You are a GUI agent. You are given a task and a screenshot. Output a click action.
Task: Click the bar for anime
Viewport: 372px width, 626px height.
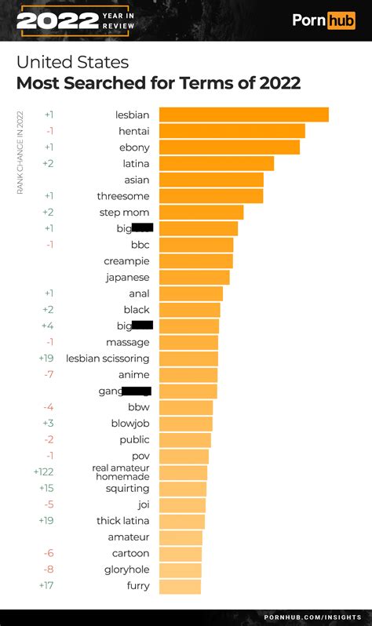[188, 375]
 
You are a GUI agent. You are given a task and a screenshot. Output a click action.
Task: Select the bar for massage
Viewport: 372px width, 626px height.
[188, 342]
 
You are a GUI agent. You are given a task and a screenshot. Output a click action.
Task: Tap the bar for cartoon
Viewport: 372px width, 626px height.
[180, 554]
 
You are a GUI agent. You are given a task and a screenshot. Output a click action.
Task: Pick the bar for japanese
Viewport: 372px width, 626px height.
[194, 277]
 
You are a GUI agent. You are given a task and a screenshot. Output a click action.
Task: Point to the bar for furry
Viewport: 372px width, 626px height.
[180, 586]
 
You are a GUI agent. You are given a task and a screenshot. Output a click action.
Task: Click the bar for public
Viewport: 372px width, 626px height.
[184, 440]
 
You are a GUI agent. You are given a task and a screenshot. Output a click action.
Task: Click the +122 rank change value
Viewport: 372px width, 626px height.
[43, 472]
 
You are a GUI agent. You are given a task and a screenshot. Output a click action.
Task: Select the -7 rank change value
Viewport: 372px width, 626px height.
[49, 375]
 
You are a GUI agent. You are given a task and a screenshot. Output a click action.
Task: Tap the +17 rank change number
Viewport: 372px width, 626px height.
[46, 586]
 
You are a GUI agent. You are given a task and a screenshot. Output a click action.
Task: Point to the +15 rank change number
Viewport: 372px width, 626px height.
[46, 489]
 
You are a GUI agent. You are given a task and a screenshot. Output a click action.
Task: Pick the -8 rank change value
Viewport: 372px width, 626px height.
[49, 570]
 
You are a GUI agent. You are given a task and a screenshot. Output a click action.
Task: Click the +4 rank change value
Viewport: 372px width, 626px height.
[47, 326]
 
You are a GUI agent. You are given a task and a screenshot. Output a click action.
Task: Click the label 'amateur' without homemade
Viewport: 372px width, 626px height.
[128, 537]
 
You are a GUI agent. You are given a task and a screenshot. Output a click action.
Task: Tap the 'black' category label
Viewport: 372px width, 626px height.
[137, 310]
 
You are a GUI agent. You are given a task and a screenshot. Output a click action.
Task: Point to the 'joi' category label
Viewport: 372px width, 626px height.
[143, 504]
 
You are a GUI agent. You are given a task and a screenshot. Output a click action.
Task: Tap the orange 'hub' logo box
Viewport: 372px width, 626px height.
[341, 20]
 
